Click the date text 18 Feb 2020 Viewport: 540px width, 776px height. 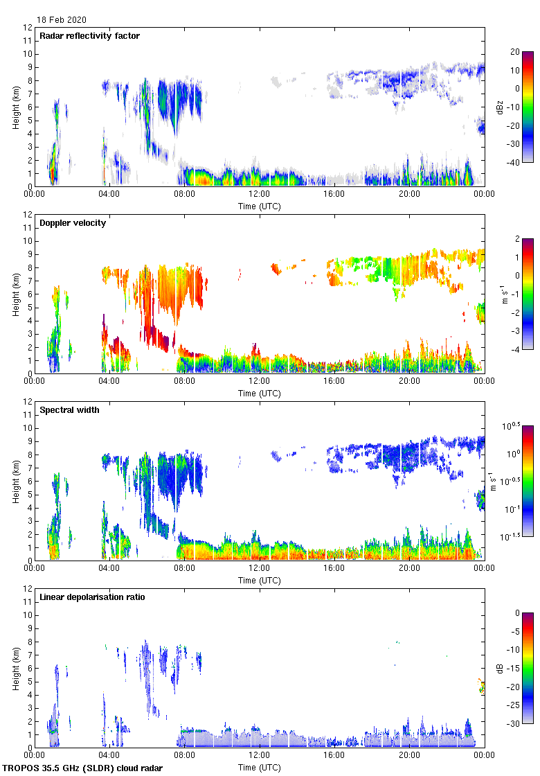coord(62,20)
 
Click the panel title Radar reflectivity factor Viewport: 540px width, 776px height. coord(89,35)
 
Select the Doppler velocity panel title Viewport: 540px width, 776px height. coord(73,222)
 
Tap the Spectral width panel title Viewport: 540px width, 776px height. coord(69,409)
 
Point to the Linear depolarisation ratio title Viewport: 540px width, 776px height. coord(92,597)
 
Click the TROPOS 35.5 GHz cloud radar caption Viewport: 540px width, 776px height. coord(83,768)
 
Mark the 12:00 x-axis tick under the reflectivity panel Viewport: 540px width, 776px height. coord(259,195)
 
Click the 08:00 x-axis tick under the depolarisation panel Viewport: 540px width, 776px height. coord(184,756)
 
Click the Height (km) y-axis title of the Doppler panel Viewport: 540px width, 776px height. coord(15,294)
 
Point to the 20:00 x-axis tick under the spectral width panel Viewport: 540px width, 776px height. coord(408,569)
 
